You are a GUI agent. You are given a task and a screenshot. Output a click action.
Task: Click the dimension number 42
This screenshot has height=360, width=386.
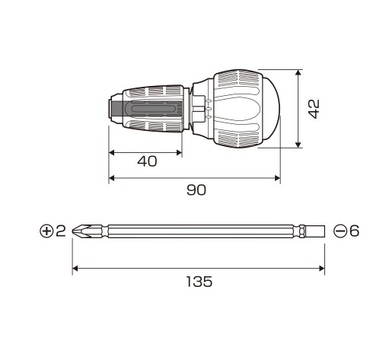point(314,109)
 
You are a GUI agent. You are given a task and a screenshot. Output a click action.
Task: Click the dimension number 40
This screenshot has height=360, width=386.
point(147,161)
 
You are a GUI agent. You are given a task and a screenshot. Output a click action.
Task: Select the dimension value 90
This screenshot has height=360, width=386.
point(196,190)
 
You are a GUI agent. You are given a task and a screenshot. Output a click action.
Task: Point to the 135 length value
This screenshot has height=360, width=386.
point(199,282)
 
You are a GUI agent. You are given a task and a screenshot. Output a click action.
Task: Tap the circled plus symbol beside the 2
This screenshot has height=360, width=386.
point(46,231)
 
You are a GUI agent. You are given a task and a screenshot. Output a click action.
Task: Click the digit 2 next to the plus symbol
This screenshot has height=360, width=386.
point(61,231)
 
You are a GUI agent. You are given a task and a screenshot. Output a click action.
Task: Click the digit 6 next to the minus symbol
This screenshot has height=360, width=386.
point(354,231)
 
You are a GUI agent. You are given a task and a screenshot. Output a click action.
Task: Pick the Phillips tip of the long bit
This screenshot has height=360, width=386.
point(81,231)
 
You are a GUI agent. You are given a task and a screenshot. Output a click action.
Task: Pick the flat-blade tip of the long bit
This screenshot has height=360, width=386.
point(314,231)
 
